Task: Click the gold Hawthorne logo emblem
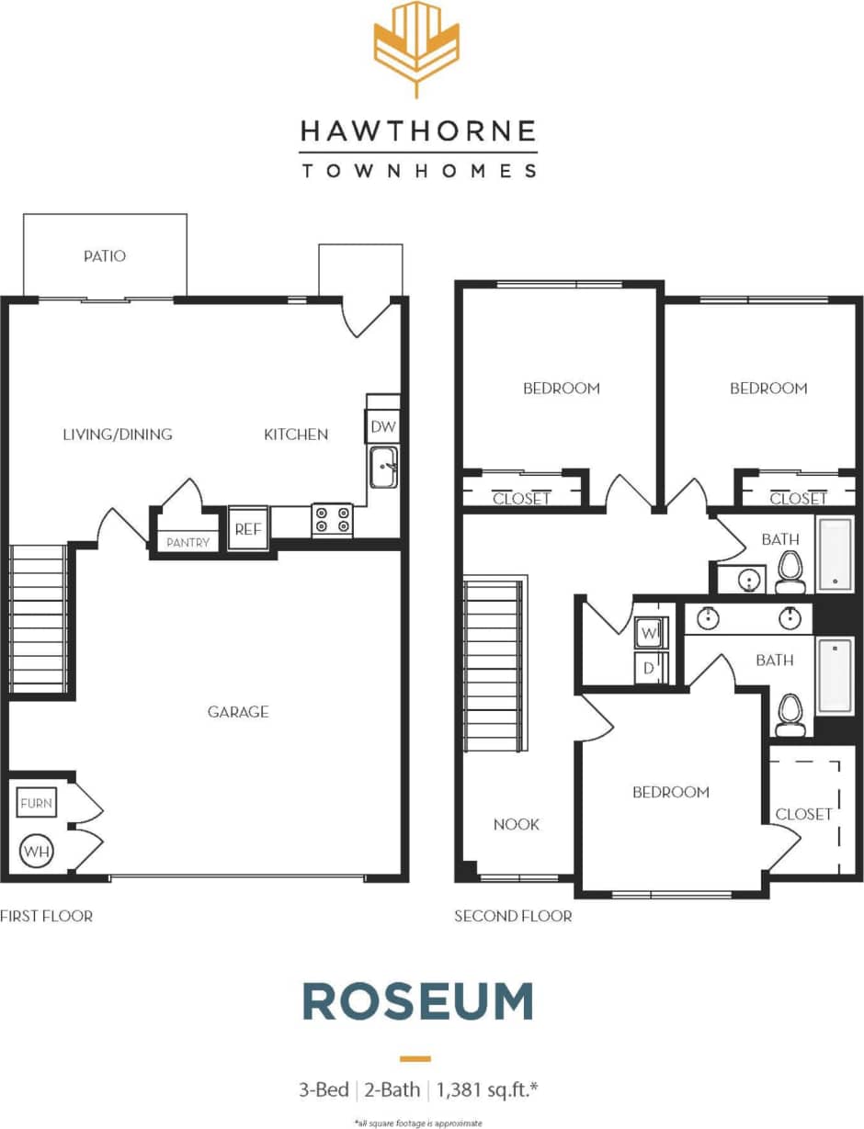coord(416,46)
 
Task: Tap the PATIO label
coord(104,255)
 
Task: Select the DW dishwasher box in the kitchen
coord(382,426)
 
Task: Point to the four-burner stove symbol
coord(332,519)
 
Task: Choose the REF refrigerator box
coord(247,528)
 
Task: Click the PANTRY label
coord(188,542)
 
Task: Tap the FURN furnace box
coord(37,803)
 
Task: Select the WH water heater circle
coord(37,851)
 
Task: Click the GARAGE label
coord(238,711)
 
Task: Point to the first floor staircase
coord(37,619)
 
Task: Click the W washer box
coord(649,633)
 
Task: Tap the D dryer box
coord(649,667)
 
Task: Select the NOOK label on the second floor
coord(516,824)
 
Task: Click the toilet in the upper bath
coord(790,572)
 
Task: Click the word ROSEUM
coord(417,1001)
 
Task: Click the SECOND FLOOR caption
coord(513,916)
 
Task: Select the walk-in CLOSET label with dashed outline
coord(803,814)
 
